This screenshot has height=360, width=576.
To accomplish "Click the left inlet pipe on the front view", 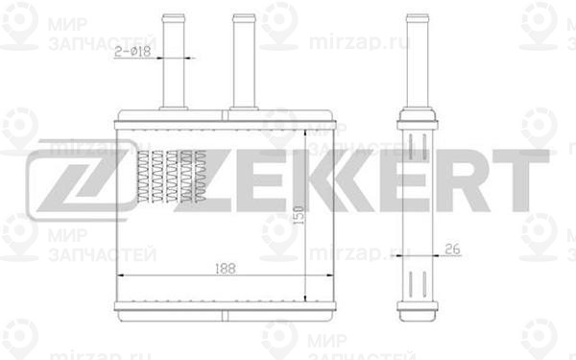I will pyautogui.click(x=173, y=58).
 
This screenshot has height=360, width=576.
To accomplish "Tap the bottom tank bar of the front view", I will pyautogui.click(x=226, y=309).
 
